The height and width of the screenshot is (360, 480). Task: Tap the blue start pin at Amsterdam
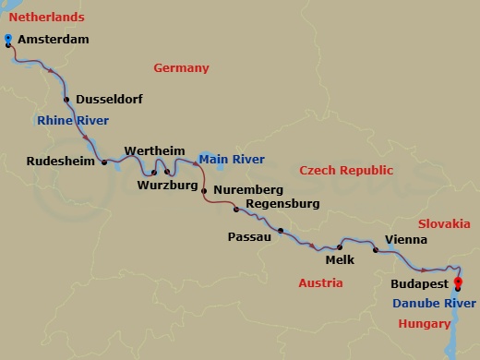[x=8, y=38]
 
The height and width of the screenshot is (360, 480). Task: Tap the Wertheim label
[x=154, y=150]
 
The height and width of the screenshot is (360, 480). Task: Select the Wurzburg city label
[x=167, y=186]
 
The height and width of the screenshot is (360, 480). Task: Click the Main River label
[x=233, y=160]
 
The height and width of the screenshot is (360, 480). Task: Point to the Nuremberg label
[x=246, y=191]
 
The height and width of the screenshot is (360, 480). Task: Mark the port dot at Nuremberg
[x=204, y=191]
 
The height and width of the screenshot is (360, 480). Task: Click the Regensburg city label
[x=282, y=203]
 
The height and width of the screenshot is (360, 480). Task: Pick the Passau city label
[x=249, y=237]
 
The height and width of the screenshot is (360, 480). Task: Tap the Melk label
[x=340, y=260]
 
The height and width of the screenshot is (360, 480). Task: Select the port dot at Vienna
[x=375, y=250]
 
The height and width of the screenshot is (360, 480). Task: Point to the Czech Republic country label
[x=346, y=171]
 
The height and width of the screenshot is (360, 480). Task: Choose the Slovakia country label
[x=444, y=224]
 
